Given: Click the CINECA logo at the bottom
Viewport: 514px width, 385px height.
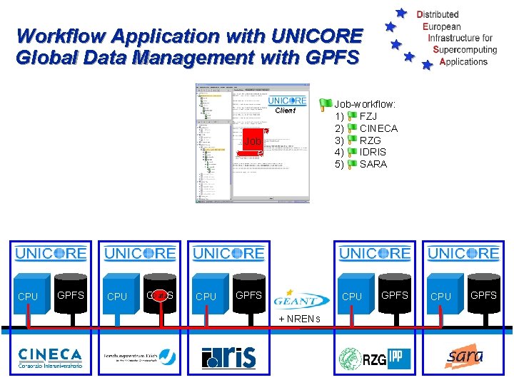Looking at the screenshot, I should click(50, 356).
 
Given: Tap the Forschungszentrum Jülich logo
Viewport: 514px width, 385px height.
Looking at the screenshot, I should click(139, 356).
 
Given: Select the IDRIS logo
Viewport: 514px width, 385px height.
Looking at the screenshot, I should click(228, 356).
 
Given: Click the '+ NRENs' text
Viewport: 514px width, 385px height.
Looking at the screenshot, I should click(300, 317).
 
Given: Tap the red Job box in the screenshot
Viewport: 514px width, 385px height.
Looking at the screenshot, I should click(251, 141).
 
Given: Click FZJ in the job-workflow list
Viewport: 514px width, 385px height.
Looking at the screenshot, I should click(368, 116).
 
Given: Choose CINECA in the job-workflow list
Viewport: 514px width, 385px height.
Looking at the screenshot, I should click(378, 128).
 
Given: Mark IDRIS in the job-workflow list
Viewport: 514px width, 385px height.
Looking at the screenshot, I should click(373, 152).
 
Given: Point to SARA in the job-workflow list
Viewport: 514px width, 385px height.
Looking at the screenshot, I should click(373, 164).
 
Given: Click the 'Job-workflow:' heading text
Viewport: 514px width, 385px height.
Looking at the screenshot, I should click(365, 104).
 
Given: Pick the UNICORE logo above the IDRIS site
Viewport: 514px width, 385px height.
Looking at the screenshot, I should click(228, 253).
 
